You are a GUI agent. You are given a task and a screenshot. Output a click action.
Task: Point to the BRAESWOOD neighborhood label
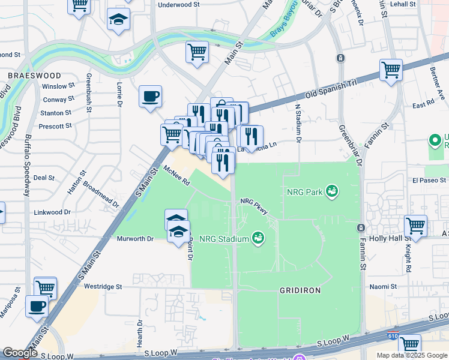click(x=34, y=76)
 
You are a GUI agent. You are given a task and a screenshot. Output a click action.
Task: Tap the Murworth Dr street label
click(x=134, y=239)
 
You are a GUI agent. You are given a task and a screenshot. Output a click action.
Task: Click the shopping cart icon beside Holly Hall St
click(x=415, y=226)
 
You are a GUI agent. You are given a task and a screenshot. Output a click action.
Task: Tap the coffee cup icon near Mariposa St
click(x=37, y=306)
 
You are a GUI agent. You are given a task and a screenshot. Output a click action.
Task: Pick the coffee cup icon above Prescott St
click(x=150, y=95)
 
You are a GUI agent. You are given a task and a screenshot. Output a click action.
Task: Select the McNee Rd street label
click(x=176, y=175)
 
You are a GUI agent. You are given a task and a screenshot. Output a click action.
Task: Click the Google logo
click(x=20, y=353)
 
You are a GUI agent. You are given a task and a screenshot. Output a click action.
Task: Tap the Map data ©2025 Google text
click(x=412, y=355)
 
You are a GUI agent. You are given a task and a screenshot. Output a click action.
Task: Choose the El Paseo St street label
click(x=429, y=180)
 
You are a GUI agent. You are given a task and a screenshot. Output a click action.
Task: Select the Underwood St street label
click(x=178, y=4)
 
